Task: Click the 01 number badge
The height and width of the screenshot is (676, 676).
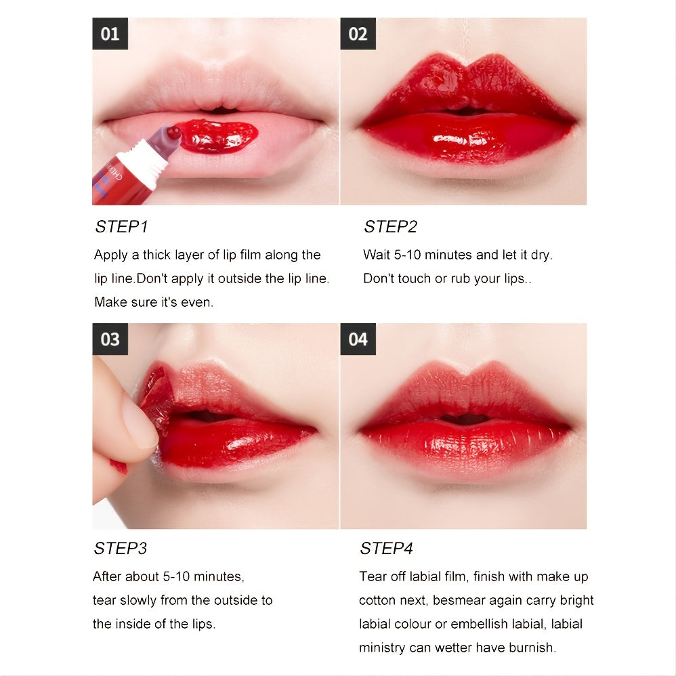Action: tap(110, 34)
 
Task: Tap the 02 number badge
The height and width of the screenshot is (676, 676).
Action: tap(358, 34)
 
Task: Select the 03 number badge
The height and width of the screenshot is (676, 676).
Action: tap(110, 339)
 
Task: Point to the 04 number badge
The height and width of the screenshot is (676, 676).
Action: tap(358, 339)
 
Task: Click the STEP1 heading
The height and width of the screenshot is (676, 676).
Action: tap(121, 227)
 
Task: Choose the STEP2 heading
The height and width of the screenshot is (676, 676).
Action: tap(390, 227)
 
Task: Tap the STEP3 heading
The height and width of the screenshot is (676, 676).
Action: tap(121, 548)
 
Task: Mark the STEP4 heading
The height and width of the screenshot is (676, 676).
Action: tap(386, 548)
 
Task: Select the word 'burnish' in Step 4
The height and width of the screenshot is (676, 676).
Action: tap(532, 648)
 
